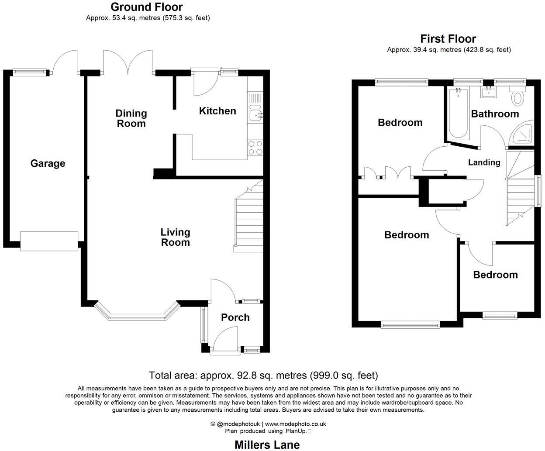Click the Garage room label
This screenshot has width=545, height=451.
click(x=48, y=163)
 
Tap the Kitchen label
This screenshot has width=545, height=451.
click(x=217, y=111)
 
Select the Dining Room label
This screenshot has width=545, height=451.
click(x=131, y=118)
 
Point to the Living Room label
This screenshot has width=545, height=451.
click(x=175, y=237)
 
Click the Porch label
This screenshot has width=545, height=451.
click(x=235, y=317)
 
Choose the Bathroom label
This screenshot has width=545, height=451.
click(x=495, y=114)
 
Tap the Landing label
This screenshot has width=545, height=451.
click(x=484, y=162)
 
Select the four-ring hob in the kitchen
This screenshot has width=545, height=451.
click(x=255, y=148)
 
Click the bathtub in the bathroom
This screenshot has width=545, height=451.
click(x=459, y=114)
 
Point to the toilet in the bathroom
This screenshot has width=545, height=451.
click(x=518, y=97)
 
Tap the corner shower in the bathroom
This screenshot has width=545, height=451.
click(x=524, y=134)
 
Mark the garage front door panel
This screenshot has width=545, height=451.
click(x=49, y=241)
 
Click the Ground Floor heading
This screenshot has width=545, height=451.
click(x=146, y=7)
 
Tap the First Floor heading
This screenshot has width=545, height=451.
click(x=448, y=39)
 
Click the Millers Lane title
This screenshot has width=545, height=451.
click(x=267, y=444)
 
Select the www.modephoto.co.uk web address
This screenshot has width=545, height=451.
click(x=296, y=424)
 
